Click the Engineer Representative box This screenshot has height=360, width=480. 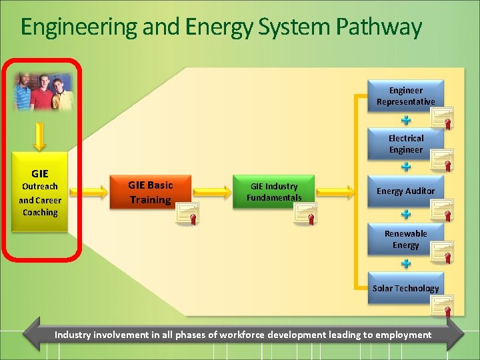tap(405, 96)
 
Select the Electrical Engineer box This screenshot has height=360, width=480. tap(405, 144)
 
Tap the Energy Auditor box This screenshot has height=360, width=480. tap(405, 191)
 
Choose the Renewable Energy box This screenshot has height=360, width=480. tap(405, 239)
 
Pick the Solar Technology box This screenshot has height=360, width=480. tap(405, 288)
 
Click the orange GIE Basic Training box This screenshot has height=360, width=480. tap(150, 193)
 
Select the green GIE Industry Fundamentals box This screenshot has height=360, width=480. tap(273, 192)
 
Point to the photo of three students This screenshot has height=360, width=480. tap(43, 91)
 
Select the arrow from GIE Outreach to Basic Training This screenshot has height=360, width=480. tap(89, 192)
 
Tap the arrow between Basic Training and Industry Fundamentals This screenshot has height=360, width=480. tap(211, 192)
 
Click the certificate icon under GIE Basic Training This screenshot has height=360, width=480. tap(186, 213)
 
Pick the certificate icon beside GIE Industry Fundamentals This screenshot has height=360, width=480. tap(305, 213)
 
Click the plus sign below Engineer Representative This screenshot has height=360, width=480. tap(405, 121)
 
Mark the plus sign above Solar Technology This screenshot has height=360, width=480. tap(405, 263)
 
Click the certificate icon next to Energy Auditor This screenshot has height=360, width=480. tap(441, 210)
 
